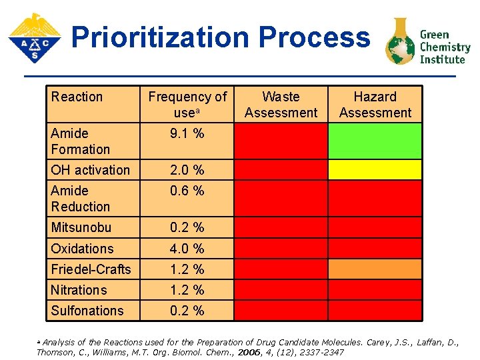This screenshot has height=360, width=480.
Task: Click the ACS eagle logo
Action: point(34,38)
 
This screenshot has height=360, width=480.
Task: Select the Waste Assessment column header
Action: point(281,105)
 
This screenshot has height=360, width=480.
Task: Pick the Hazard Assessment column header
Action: point(375,105)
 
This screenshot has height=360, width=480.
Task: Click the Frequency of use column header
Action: point(187,105)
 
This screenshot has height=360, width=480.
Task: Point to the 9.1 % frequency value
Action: point(187,133)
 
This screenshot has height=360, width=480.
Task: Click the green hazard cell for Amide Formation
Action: point(375,141)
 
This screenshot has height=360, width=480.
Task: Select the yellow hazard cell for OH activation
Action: point(375,170)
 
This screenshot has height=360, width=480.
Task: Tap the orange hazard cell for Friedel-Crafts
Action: point(375,269)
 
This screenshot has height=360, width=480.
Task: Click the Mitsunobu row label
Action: point(81,228)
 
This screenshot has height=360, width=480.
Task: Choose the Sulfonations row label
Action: point(87,311)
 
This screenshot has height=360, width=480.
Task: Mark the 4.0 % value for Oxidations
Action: point(187,249)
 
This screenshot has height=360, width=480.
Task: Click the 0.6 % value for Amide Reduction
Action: point(187,191)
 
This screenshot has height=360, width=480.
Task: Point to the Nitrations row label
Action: point(79,290)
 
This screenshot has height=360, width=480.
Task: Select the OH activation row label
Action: point(90,170)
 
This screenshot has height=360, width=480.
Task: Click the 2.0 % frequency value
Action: point(187,170)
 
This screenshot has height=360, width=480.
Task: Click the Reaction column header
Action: point(77,97)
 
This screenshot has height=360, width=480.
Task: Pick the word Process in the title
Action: point(314,37)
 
